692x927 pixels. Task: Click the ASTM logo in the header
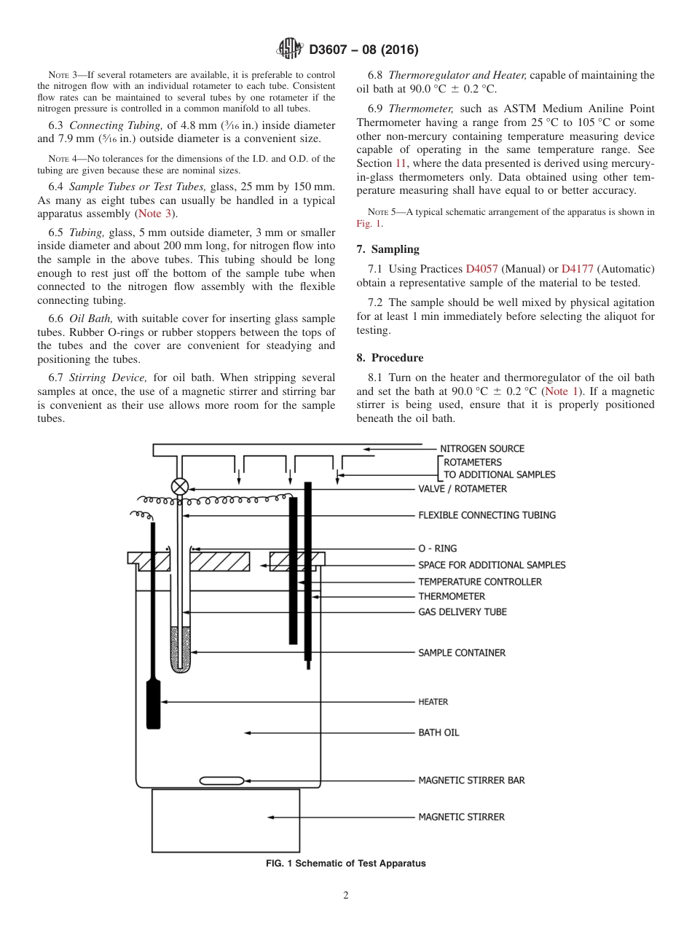[x=290, y=50]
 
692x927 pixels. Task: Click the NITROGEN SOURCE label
[x=481, y=449]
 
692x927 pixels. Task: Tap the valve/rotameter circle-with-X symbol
[x=179, y=487]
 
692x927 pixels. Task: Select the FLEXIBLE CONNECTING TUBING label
[x=487, y=515]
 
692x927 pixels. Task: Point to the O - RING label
[x=437, y=549]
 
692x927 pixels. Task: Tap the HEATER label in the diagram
[x=433, y=702]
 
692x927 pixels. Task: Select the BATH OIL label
[x=439, y=732]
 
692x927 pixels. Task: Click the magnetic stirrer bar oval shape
[x=221, y=781]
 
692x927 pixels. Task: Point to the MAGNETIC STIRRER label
[x=461, y=817]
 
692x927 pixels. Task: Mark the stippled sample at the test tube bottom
[x=179, y=649]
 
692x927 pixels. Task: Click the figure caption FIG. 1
[x=345, y=864]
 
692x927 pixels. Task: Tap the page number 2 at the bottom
[x=346, y=896]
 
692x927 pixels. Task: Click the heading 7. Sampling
[x=388, y=249]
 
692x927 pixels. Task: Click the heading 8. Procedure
[x=390, y=358]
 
